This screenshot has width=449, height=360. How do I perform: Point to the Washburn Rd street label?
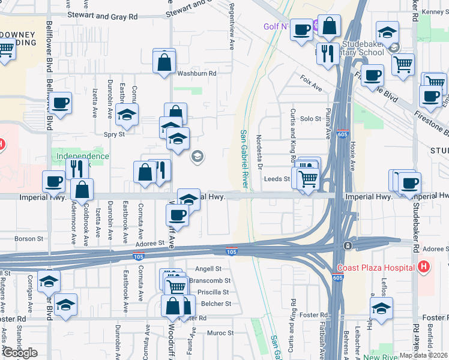tap(196, 74)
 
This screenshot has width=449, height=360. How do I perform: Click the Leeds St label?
tap(277, 179)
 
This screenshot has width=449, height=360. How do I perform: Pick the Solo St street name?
tap(311, 119)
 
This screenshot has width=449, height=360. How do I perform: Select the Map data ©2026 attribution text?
tap(424, 355)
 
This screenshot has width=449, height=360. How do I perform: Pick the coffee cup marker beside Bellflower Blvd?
tap(60, 103)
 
